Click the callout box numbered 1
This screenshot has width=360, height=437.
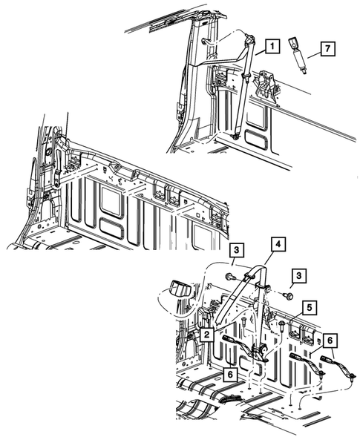(x=272, y=46)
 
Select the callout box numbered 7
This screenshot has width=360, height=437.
(x=327, y=48)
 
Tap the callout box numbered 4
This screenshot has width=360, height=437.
(x=278, y=244)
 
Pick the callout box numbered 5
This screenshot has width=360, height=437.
(x=309, y=308)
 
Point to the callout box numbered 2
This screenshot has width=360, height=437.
(x=206, y=335)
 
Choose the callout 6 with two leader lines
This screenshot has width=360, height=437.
(x=330, y=341)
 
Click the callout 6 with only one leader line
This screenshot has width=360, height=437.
(x=230, y=374)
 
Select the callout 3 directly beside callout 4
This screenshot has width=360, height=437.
(x=236, y=250)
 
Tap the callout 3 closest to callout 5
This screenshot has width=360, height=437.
(x=299, y=276)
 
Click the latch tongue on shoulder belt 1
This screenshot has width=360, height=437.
(x=246, y=75)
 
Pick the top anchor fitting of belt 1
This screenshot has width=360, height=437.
(x=249, y=39)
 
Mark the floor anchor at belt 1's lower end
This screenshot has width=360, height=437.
(x=235, y=136)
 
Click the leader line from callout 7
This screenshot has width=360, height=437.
(x=314, y=56)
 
